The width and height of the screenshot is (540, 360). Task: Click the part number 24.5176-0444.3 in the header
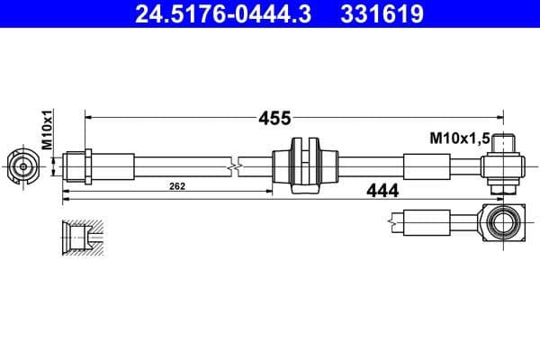coord(223,13)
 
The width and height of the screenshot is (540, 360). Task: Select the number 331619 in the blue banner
coord(382,13)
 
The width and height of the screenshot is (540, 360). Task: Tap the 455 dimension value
coord(274,118)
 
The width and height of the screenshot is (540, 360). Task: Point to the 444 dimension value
coord(382,191)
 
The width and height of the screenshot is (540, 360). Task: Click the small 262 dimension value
coord(177,186)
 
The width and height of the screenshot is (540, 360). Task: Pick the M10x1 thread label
coord(47,130)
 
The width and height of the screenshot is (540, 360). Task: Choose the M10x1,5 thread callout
coord(460,139)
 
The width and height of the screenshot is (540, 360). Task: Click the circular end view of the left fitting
coord(22,167)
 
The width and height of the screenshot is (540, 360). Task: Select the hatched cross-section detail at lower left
coord(83,238)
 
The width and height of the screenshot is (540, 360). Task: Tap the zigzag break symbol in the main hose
coord(234,166)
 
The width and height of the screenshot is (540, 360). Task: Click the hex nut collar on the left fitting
coord(88,166)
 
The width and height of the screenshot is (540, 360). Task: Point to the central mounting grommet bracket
coord(305,166)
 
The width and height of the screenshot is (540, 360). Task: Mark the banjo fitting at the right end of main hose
coord(503,165)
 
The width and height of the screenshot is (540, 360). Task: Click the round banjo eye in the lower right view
coord(503,222)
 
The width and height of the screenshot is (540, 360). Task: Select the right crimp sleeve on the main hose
coord(427,166)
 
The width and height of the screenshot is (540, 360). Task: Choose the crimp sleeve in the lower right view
coord(427,222)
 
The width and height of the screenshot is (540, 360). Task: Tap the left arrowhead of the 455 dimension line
coord(88,118)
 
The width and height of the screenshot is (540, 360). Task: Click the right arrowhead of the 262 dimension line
coord(268,191)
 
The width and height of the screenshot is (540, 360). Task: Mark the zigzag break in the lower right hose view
coord(392,222)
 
